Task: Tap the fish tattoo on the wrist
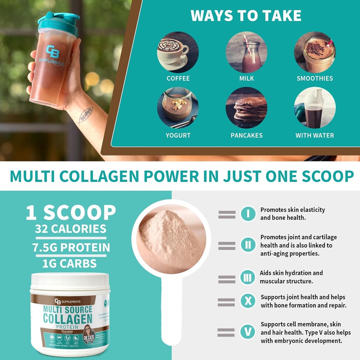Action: coord(85,114)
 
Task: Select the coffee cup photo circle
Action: coord(178,52)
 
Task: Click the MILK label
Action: coord(246,78)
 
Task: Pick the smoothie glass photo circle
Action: coord(315,52)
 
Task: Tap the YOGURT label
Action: coord(178,135)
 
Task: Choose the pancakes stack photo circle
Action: coord(246,108)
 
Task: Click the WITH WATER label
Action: coord(315,135)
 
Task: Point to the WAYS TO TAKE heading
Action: coord(246,16)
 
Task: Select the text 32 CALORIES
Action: coord(71,229)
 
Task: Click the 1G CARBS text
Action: coord(70,263)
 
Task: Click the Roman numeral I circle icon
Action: coord(248,214)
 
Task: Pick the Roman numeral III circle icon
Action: coord(248,278)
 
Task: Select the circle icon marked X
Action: coord(248,301)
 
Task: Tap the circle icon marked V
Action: coord(248,332)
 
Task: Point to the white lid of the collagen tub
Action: coord(70,283)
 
